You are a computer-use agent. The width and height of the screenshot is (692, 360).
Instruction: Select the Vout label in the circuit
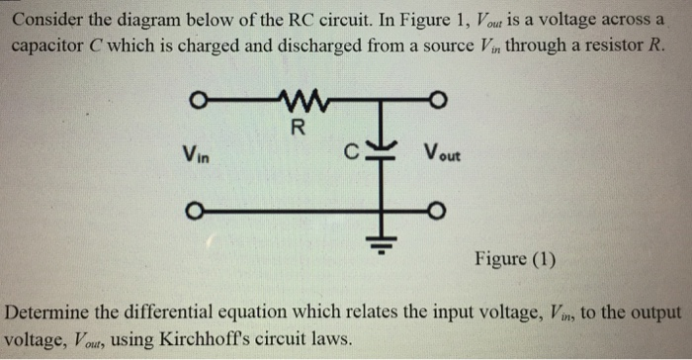438,154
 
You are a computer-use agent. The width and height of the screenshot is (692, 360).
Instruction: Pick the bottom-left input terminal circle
197,210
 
